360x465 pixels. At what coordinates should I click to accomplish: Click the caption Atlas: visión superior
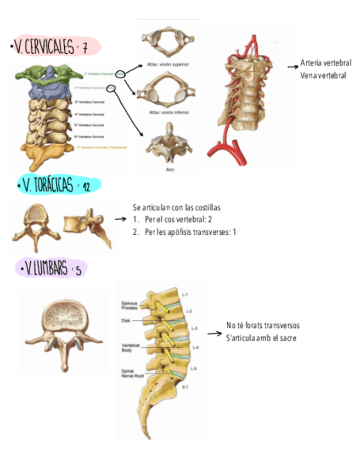pyautogui.click(x=168, y=64)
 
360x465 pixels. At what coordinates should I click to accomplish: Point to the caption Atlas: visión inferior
pyautogui.click(x=168, y=112)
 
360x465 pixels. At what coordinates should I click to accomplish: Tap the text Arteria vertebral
pyautogui.click(x=326, y=63)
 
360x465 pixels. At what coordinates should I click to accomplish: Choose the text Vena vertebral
pyautogui.click(x=323, y=76)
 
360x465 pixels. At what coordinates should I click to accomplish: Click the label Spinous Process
pyautogui.click(x=130, y=305)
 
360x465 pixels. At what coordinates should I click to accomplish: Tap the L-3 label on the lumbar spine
pyautogui.click(x=194, y=329)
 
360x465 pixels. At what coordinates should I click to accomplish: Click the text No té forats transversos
pyautogui.click(x=263, y=326)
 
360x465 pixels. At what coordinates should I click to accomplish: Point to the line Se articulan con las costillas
pyautogui.click(x=177, y=208)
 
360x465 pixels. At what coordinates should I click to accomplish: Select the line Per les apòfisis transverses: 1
pyautogui.click(x=184, y=232)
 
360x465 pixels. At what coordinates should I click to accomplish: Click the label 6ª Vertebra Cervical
pyautogui.click(x=89, y=135)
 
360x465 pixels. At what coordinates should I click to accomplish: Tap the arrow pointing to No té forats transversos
pyautogui.click(x=213, y=333)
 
